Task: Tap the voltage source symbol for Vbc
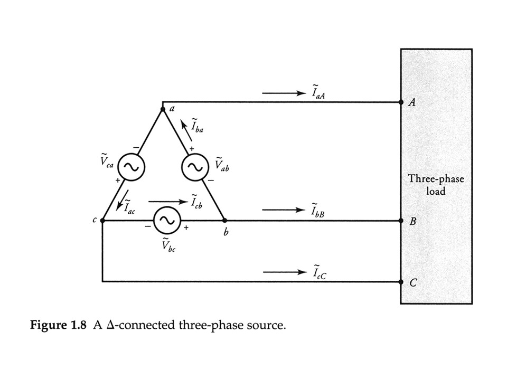(x=166, y=221)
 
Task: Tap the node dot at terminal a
(x=162, y=109)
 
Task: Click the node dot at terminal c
(x=102, y=221)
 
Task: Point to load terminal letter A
(x=412, y=103)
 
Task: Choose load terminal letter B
(x=412, y=222)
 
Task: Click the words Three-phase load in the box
(x=436, y=185)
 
